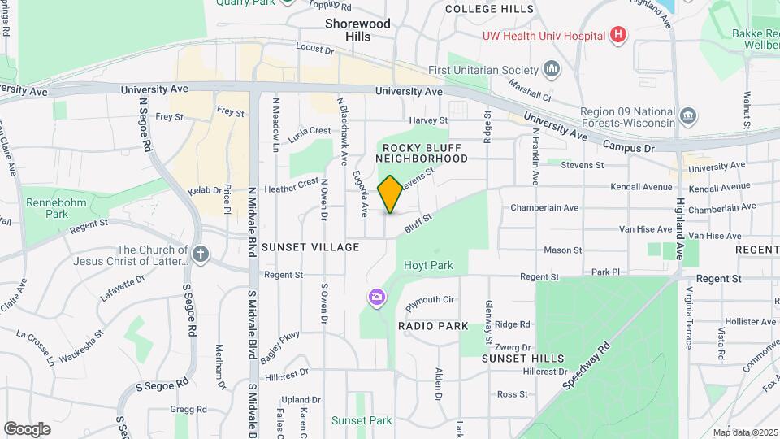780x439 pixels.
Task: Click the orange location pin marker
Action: pyautogui.click(x=390, y=194)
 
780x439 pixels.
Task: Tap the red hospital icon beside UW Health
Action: pyautogui.click(x=619, y=35)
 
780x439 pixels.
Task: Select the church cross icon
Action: pyautogui.click(x=201, y=255)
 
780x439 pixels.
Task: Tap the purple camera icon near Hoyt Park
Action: pyautogui.click(x=376, y=297)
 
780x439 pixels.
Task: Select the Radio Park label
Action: pyautogui.click(x=433, y=326)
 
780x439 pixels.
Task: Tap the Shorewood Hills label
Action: pyautogui.click(x=358, y=30)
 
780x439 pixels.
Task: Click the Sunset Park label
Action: pyautogui.click(x=362, y=420)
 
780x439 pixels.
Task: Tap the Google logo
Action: pyautogui.click(x=27, y=428)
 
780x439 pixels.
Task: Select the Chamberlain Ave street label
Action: pyautogui.click(x=544, y=208)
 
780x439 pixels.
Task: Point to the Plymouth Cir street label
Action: pyautogui.click(x=430, y=301)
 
